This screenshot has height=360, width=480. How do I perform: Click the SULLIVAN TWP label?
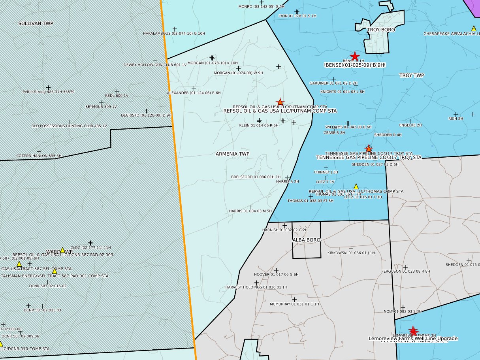click(x=36, y=24)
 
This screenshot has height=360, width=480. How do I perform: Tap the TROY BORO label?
click(x=381, y=30)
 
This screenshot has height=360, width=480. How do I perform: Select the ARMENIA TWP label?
click(x=233, y=154)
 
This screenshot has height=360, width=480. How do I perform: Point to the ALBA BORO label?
click(x=306, y=240)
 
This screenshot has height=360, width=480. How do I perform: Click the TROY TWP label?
click(x=411, y=75)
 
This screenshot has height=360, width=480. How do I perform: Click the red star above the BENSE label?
click(x=355, y=57)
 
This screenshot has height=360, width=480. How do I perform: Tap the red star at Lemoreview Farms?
click(x=413, y=331)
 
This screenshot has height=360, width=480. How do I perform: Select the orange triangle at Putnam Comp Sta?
click(x=280, y=102)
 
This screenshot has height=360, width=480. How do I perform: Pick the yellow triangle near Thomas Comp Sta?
click(x=356, y=186)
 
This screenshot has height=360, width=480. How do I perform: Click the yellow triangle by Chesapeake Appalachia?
click(x=474, y=28)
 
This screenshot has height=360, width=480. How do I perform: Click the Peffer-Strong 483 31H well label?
click(x=49, y=92)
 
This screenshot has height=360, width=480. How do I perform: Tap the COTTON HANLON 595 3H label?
click(x=39, y=156)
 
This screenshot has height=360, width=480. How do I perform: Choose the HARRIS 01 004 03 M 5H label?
click(x=250, y=211)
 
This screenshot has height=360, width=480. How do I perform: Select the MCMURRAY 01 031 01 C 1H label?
click(x=294, y=304)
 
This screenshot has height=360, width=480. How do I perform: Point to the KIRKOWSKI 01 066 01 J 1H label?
click(x=351, y=253)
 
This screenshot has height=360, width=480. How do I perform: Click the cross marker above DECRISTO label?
click(x=147, y=111)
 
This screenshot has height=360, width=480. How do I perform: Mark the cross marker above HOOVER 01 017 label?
click(x=276, y=270)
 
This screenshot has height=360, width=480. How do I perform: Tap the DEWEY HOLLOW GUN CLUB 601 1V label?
click(x=155, y=64)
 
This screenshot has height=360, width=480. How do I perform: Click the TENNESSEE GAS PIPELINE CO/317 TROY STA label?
click(x=369, y=157)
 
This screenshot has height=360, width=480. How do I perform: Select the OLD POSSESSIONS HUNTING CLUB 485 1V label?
click(x=69, y=126)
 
